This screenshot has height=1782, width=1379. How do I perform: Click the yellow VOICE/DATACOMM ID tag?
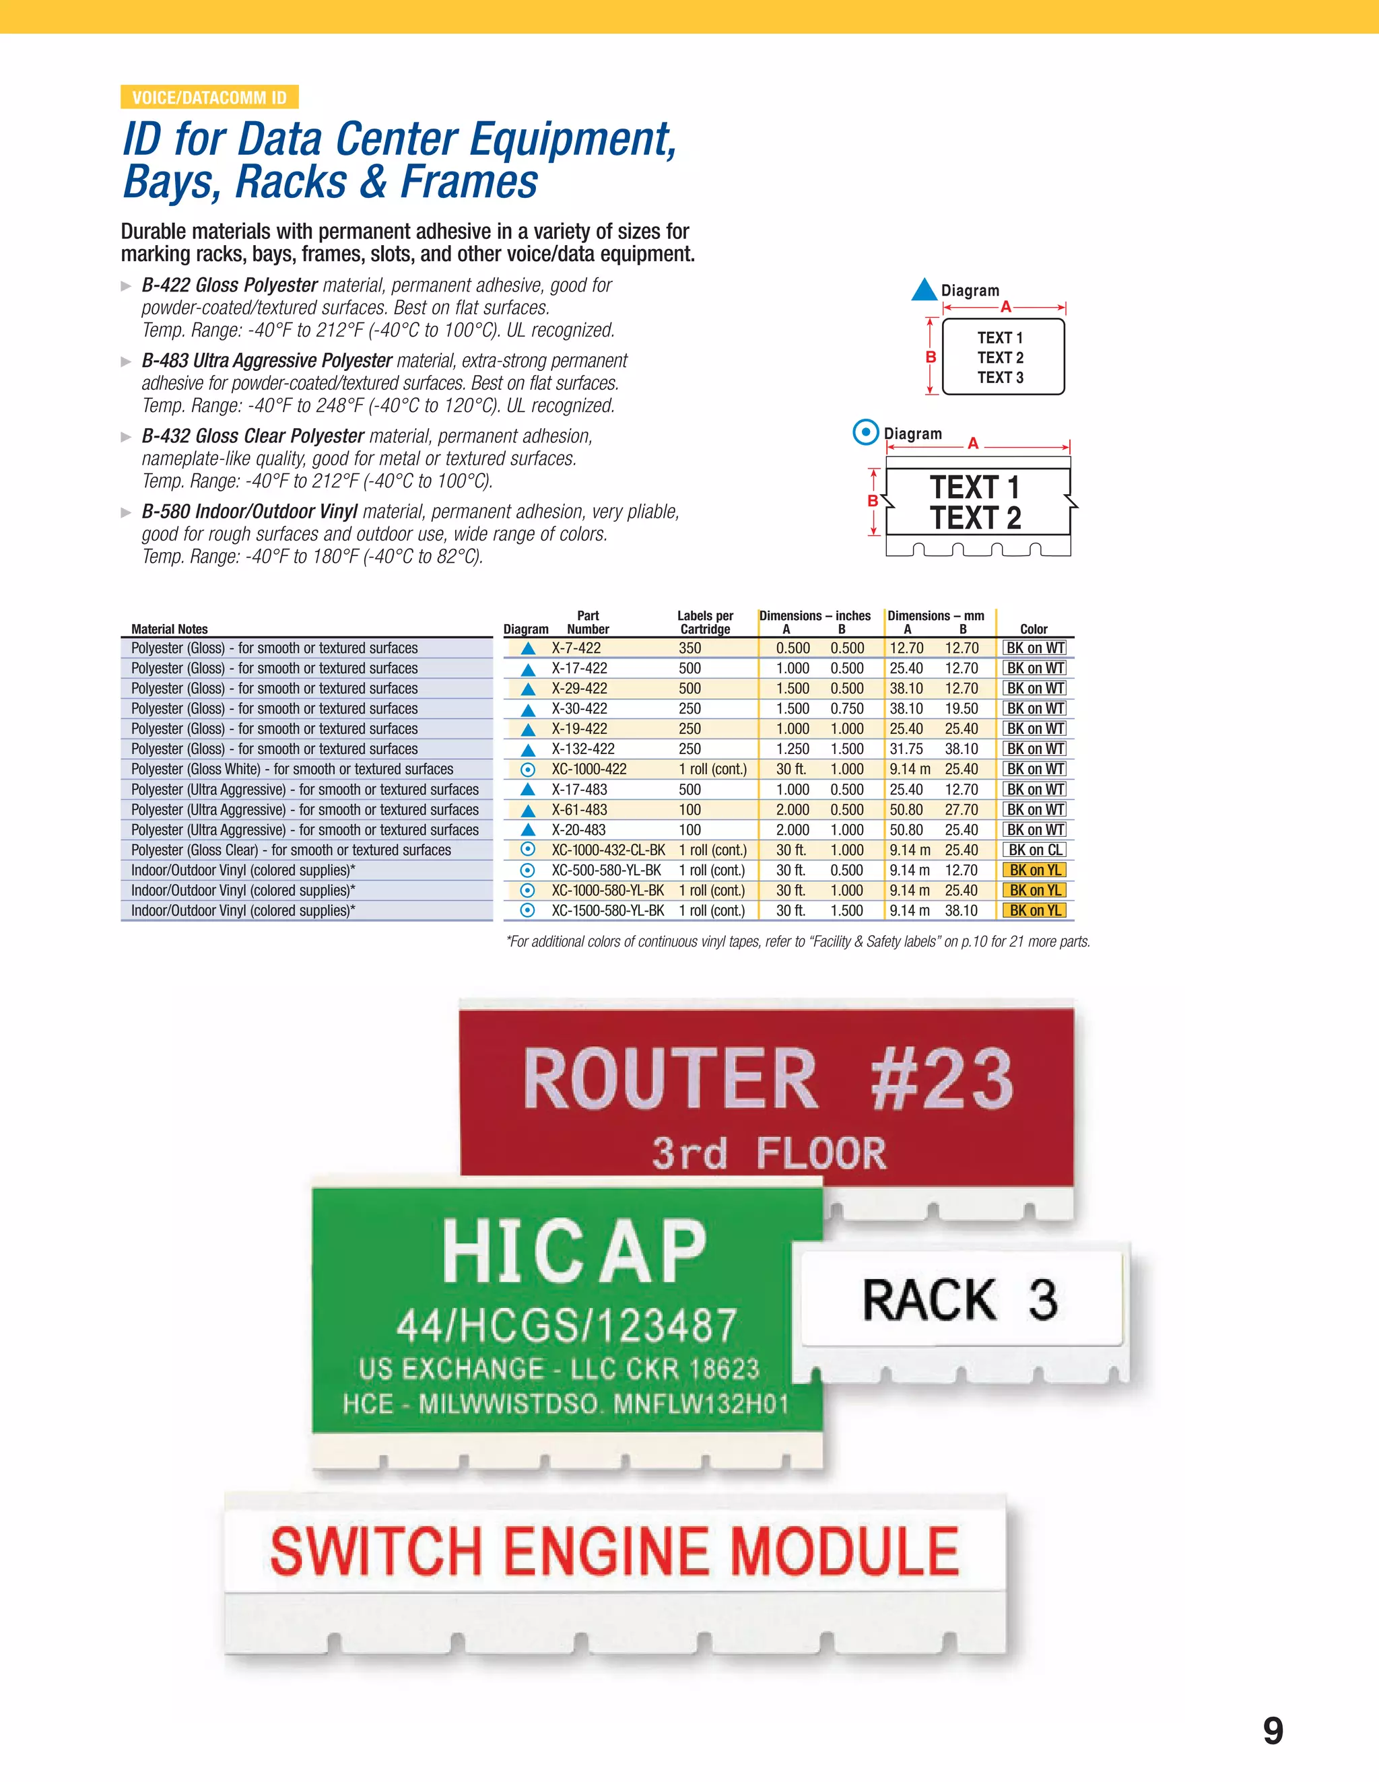pyautogui.click(x=209, y=97)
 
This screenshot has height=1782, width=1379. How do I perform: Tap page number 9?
pyautogui.click(x=1272, y=1732)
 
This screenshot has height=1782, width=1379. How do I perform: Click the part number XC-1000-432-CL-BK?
pyautogui.click(x=608, y=850)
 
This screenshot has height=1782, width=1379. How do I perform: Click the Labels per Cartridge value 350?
pyautogui.click(x=689, y=648)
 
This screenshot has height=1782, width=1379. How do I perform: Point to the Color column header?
pyautogui.click(x=1033, y=629)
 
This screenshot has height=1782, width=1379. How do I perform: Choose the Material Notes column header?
pyautogui.click(x=170, y=629)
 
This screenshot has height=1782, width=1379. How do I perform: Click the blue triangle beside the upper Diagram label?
pyautogui.click(x=924, y=289)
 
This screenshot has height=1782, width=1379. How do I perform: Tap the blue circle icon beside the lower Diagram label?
pyautogui.click(x=865, y=432)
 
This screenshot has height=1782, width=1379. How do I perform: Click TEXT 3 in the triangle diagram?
pyautogui.click(x=1001, y=377)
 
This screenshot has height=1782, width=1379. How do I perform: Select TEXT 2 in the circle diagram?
pyautogui.click(x=976, y=518)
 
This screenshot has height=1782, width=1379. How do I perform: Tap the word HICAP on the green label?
pyautogui.click(x=574, y=1252)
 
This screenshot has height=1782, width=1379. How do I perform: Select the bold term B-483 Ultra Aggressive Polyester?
pyautogui.click(x=267, y=361)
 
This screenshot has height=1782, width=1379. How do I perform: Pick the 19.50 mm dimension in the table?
pyautogui.click(x=962, y=708)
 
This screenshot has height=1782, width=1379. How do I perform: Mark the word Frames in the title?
pyautogui.click(x=469, y=181)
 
